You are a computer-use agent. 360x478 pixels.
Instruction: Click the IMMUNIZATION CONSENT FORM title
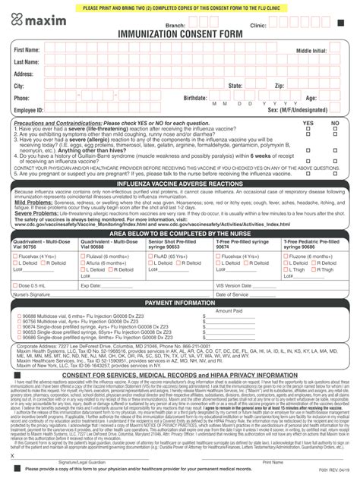coord(179,35)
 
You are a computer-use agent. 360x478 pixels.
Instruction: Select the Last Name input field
coord(190,61)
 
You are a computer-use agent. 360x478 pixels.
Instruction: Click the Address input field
coord(190,74)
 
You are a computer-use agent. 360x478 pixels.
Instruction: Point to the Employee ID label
coord(28,110)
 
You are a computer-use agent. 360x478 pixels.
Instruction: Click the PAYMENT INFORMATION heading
coord(180,303)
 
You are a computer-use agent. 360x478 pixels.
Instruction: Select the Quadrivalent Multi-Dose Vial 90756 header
coord(37,245)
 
